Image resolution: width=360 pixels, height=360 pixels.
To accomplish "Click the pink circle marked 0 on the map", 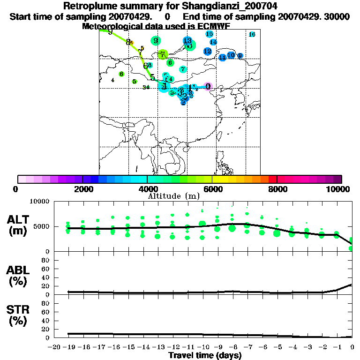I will click(x=208, y=86).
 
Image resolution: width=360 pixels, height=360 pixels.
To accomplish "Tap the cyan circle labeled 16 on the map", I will click(x=252, y=34).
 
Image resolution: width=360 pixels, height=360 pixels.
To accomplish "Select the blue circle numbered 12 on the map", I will click(x=207, y=51).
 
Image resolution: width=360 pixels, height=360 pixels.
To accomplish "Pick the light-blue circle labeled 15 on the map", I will click(x=210, y=34).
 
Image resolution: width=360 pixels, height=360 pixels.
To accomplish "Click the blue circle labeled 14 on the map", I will click(x=213, y=42).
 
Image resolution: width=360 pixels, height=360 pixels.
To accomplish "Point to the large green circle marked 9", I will click(x=156, y=41).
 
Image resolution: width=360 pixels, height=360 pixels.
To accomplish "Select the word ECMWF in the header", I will click(x=213, y=26).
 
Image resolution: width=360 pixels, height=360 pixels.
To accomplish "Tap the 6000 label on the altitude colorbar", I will click(x=212, y=189).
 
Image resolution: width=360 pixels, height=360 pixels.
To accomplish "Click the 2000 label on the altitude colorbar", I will click(x=82, y=189).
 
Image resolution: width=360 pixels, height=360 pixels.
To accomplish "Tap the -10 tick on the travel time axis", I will click(x=203, y=347).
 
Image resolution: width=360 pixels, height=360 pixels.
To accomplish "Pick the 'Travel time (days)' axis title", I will click(x=205, y=356).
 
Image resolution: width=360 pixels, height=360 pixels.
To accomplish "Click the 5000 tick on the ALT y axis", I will click(x=42, y=226).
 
